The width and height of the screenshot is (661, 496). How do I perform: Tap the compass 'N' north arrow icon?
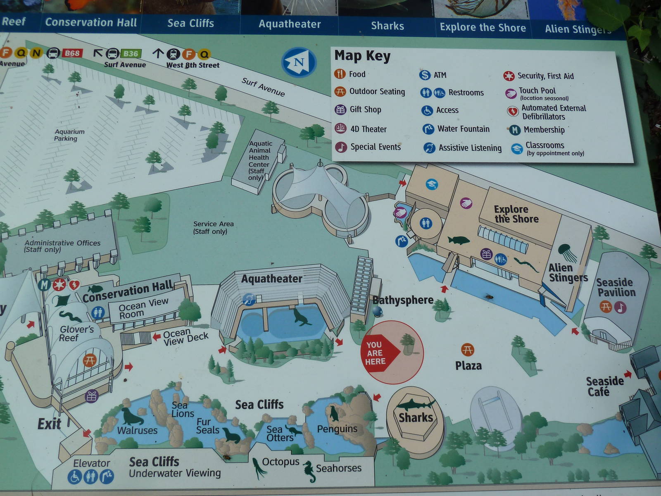[299, 62]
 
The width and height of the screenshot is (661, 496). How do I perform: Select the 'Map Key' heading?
[362, 55]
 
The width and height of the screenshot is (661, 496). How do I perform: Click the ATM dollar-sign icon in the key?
[425, 75]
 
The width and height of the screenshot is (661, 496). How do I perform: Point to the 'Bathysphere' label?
[403, 300]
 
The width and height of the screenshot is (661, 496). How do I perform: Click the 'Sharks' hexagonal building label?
[416, 417]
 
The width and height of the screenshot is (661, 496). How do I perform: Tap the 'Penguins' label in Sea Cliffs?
[337, 429]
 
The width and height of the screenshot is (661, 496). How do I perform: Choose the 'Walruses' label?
[137, 430]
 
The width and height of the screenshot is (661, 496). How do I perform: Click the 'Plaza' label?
[468, 366]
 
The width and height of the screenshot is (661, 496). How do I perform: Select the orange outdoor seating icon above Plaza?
[468, 350]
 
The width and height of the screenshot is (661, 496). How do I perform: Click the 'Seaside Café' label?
[604, 386]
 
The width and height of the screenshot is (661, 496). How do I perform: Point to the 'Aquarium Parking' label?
[69, 135]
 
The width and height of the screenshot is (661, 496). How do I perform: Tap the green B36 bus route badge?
[131, 54]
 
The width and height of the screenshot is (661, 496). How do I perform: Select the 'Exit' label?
[49, 424]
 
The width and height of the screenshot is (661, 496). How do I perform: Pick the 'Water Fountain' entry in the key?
[463, 129]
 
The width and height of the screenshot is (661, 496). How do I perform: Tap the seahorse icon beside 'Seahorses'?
[309, 471]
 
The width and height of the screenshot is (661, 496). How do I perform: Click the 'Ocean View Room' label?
[143, 308]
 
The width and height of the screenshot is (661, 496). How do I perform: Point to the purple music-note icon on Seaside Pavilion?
[620, 307]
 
